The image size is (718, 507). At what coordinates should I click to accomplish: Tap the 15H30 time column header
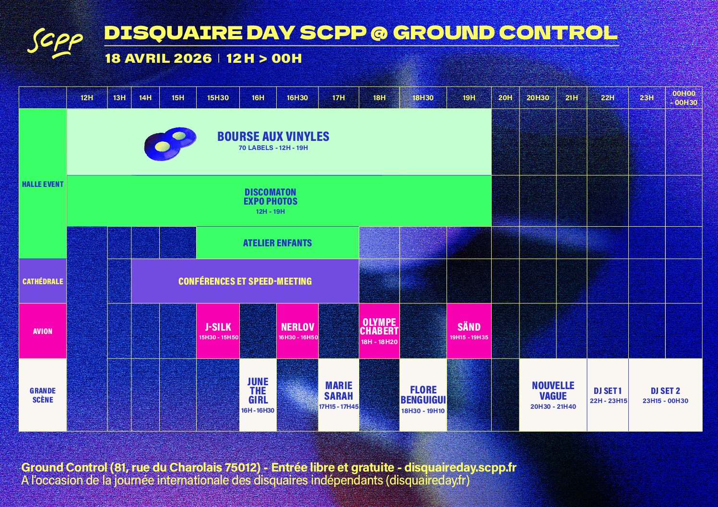coord(218,98)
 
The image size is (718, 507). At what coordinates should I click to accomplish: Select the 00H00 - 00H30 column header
coord(683,98)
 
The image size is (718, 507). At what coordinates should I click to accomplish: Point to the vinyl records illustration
coord(170,144)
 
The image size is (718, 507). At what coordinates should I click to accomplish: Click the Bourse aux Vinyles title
coord(273,137)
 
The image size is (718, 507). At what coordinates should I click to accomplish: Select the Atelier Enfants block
coord(278,243)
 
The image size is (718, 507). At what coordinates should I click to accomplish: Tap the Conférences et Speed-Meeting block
coord(245,281)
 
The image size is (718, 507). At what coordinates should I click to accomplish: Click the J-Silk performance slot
coord(218,331)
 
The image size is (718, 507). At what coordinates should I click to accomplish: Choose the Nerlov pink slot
coord(297,331)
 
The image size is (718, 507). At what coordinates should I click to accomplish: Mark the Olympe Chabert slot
coord(379,331)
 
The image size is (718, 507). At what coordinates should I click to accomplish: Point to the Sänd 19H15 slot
coord(469,331)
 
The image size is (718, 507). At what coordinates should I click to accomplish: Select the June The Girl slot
coord(258,395)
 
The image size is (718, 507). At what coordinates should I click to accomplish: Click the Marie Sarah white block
coord(339,395)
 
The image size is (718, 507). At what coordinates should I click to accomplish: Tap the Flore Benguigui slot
coord(423,395)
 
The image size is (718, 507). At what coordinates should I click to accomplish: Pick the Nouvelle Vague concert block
coord(553,395)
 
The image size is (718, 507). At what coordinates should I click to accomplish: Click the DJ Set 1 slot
coord(608,395)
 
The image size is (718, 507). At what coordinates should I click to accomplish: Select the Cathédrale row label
coord(43,281)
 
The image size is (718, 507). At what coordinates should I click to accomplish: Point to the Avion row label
coord(43,331)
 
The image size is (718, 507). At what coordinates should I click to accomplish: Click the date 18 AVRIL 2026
coord(158,58)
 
